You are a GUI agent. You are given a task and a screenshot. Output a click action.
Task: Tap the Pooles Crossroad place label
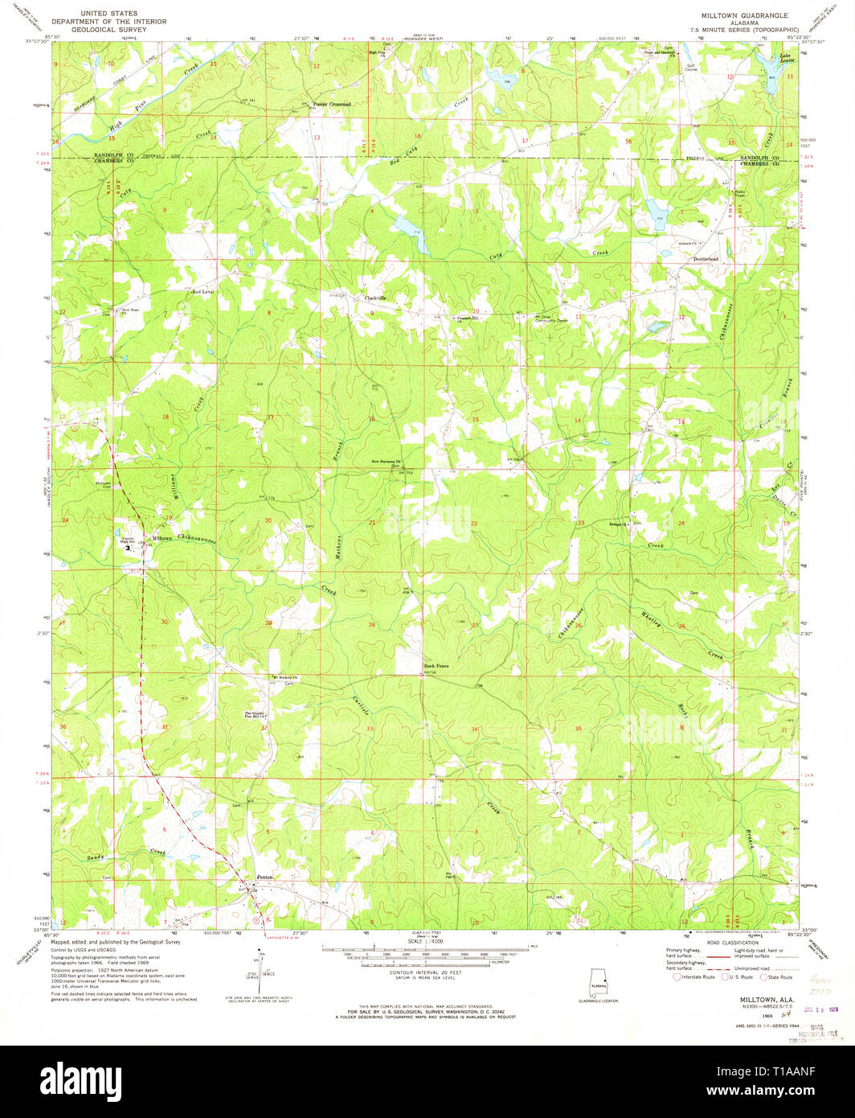tap(332, 105)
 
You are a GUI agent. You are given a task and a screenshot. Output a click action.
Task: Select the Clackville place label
tap(375, 298)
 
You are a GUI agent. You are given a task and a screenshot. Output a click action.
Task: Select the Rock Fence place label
tap(436, 667)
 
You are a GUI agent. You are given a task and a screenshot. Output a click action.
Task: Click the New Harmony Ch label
tap(385, 462)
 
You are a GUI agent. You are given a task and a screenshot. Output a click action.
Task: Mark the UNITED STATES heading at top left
tap(104, 14)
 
